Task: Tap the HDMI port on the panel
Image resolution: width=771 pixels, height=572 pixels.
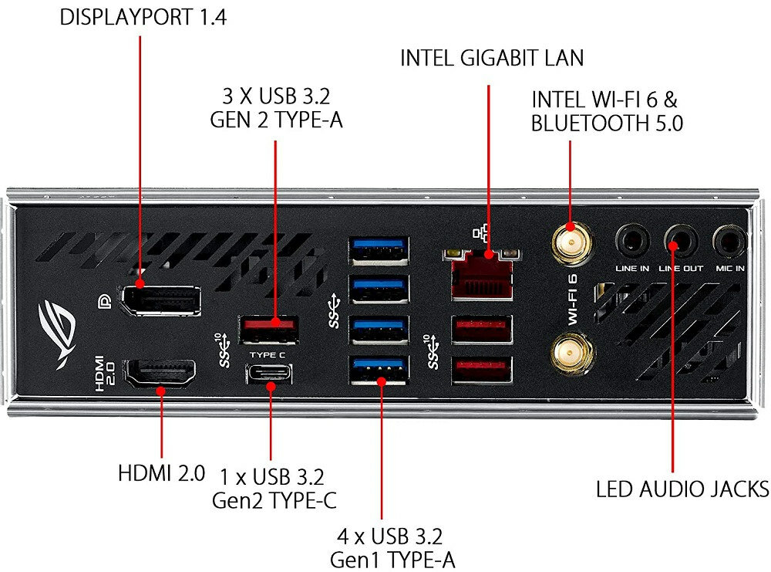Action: (160, 372)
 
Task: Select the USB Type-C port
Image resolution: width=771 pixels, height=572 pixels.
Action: (270, 374)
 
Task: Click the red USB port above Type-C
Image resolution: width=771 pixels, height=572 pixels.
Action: (270, 330)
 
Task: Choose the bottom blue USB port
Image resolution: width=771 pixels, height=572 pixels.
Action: (379, 368)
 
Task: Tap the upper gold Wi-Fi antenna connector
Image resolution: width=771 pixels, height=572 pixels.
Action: (571, 244)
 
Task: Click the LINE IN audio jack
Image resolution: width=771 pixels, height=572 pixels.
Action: (632, 242)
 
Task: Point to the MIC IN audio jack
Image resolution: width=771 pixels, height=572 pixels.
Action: (729, 242)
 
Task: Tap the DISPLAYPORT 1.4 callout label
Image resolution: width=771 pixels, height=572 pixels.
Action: (143, 18)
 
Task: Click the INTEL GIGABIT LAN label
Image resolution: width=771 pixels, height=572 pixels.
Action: (492, 58)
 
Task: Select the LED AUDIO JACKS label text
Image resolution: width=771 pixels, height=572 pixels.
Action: (682, 489)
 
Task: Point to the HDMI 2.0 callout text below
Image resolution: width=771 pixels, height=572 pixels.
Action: (161, 472)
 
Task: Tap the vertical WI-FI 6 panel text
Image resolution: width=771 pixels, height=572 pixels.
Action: (573, 300)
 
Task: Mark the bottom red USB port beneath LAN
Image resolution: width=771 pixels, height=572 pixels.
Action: (482, 370)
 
